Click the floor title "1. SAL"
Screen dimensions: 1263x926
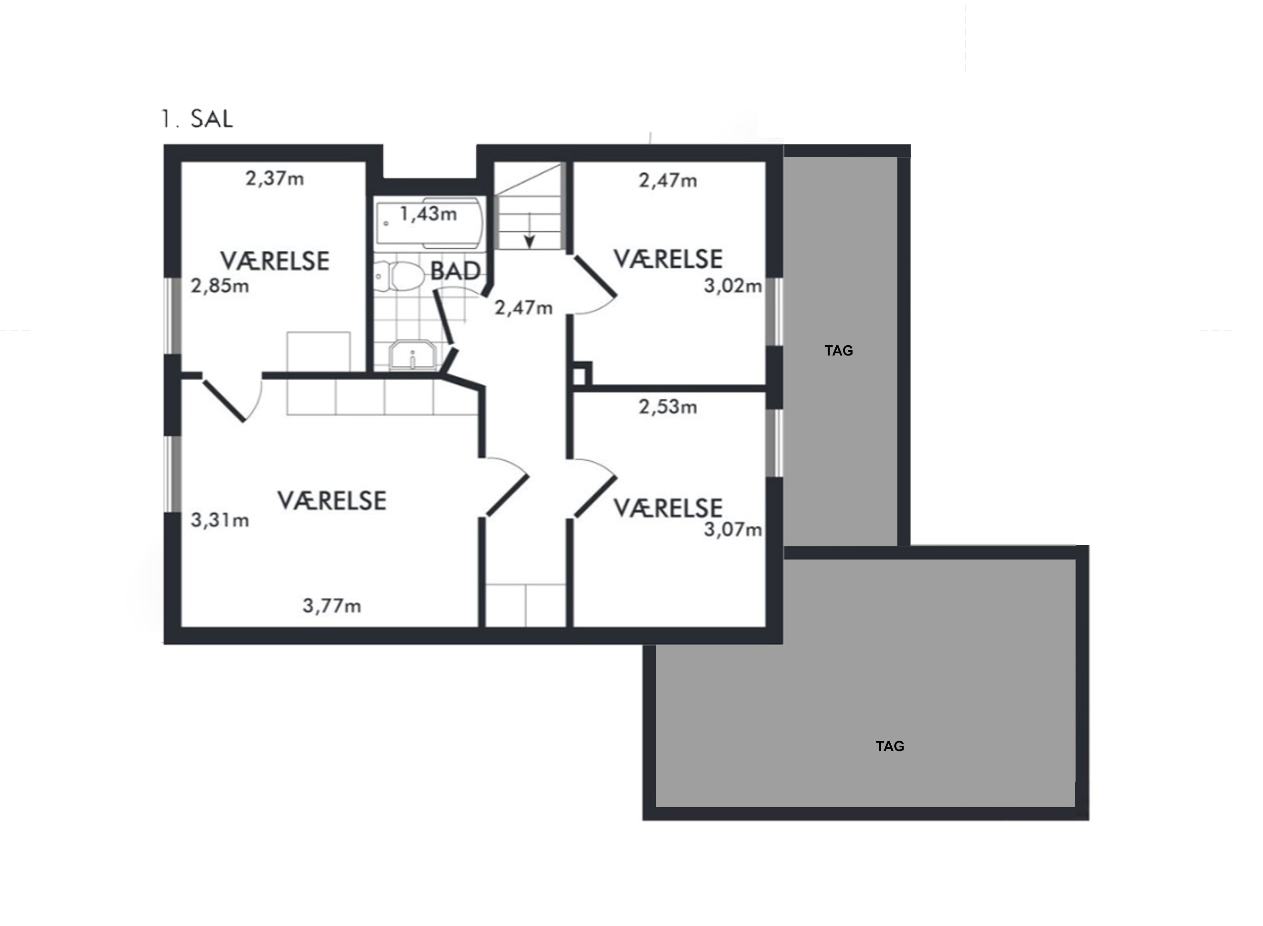point(197,119)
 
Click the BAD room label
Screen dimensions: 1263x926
point(455,271)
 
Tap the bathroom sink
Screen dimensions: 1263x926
point(412,356)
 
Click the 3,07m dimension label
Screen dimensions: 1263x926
point(732,530)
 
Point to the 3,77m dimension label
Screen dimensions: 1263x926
point(332,606)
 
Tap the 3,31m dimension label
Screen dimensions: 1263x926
point(220,520)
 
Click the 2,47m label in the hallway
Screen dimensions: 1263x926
point(523,308)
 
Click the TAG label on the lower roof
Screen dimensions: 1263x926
point(890,746)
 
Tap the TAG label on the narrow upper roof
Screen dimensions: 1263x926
point(839,351)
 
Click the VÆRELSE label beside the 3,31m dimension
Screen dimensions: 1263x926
point(332,501)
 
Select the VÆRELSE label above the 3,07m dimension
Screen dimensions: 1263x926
point(668,508)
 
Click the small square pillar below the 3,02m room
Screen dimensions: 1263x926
point(581,374)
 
